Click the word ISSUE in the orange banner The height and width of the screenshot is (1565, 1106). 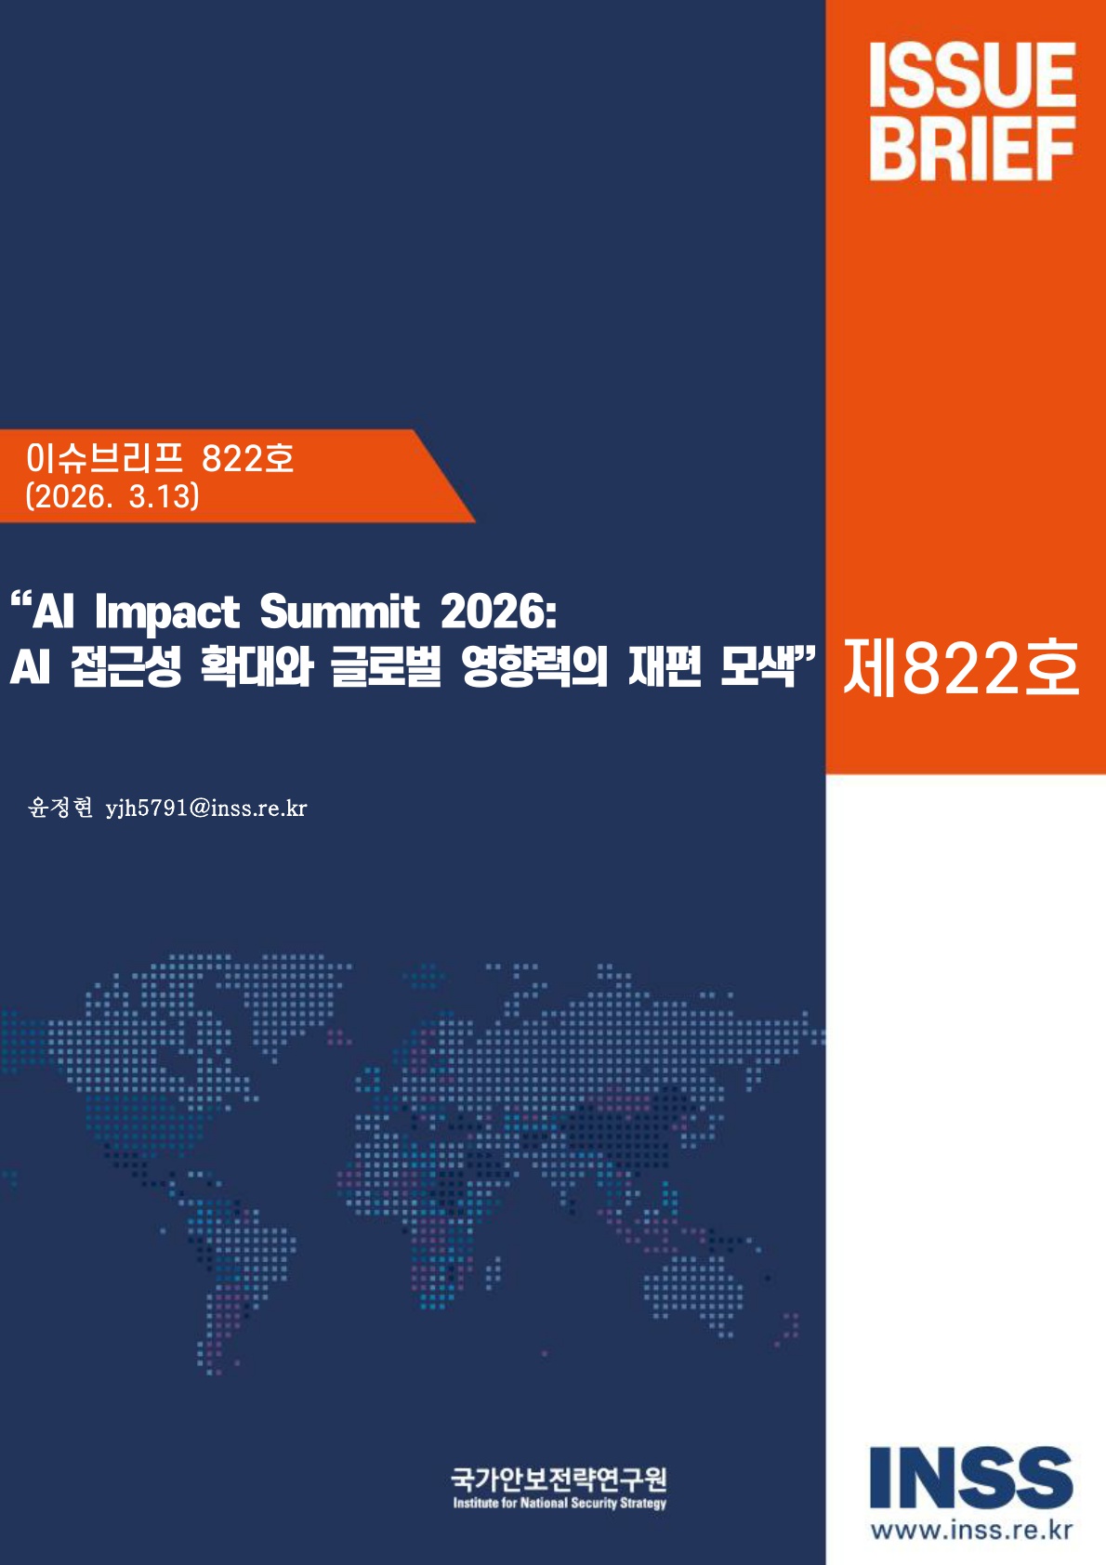972,76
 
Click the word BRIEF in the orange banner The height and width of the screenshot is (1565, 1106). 972,149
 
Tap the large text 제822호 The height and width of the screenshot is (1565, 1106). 961,668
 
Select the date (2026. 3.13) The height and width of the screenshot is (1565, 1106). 112,496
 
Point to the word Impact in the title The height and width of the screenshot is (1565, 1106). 167,612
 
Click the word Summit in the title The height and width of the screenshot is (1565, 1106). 339,612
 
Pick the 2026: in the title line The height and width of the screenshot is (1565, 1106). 498,612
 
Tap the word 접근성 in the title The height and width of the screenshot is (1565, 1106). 126,667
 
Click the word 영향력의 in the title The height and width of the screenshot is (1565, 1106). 534,667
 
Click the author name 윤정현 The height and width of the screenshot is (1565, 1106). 60,808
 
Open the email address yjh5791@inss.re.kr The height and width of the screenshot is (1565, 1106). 206,809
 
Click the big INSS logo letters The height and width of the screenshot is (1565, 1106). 971,1478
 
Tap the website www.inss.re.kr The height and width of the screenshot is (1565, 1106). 971,1530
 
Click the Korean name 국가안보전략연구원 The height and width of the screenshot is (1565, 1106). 559,1479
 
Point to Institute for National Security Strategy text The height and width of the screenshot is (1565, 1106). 560,1503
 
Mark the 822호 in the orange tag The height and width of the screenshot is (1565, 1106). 247,457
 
